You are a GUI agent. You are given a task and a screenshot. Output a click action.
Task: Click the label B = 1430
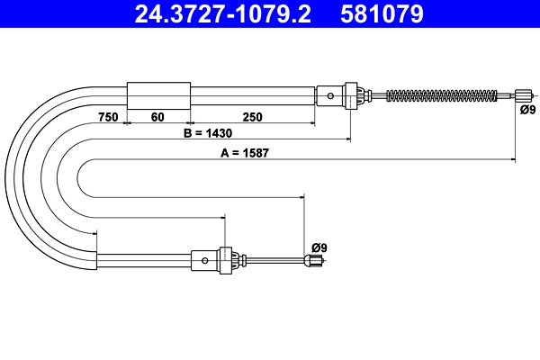point(208,133)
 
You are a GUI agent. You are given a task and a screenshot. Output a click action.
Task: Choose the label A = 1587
point(246,153)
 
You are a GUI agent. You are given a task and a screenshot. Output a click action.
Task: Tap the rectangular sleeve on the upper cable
point(158,94)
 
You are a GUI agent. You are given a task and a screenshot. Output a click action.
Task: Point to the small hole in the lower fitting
point(205,261)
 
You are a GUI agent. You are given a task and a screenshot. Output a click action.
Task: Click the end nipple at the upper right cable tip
point(523,94)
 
